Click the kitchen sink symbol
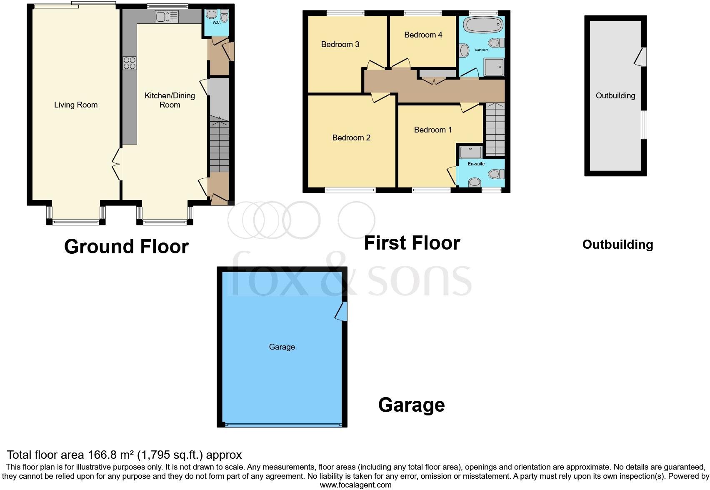[167, 17]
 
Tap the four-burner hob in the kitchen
[130, 63]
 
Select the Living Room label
[76, 105]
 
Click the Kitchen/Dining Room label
[170, 100]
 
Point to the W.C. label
[216, 22]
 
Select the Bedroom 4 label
[423, 35]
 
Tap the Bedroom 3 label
[340, 45]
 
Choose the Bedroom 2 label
[351, 138]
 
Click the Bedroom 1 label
[432, 130]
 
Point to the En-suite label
[476, 164]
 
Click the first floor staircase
[495, 129]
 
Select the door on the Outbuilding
[641, 57]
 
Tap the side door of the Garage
[342, 311]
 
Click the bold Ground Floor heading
[126, 247]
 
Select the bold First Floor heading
[412, 243]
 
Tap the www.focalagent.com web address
[355, 485]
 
